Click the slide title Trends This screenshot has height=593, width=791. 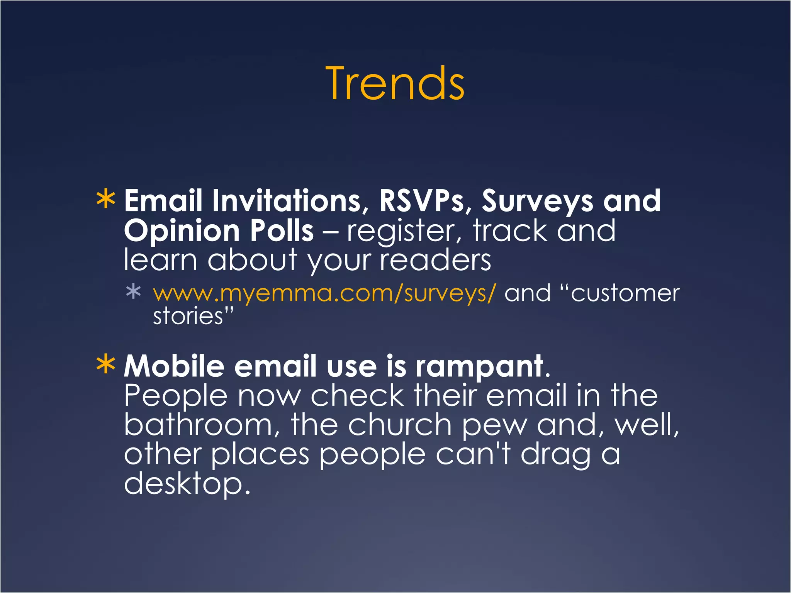click(x=395, y=83)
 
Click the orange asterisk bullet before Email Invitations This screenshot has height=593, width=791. click(x=105, y=200)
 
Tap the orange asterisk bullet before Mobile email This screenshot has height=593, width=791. click(x=105, y=365)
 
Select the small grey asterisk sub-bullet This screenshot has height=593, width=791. click(x=133, y=291)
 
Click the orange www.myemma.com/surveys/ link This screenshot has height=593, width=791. click(x=324, y=293)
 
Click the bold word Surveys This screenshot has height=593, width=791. click(x=537, y=202)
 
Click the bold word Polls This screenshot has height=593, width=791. click(x=282, y=230)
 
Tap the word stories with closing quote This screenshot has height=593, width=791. click(x=193, y=316)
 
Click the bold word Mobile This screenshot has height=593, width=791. click(x=174, y=366)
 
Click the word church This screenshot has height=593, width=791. click(x=399, y=425)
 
